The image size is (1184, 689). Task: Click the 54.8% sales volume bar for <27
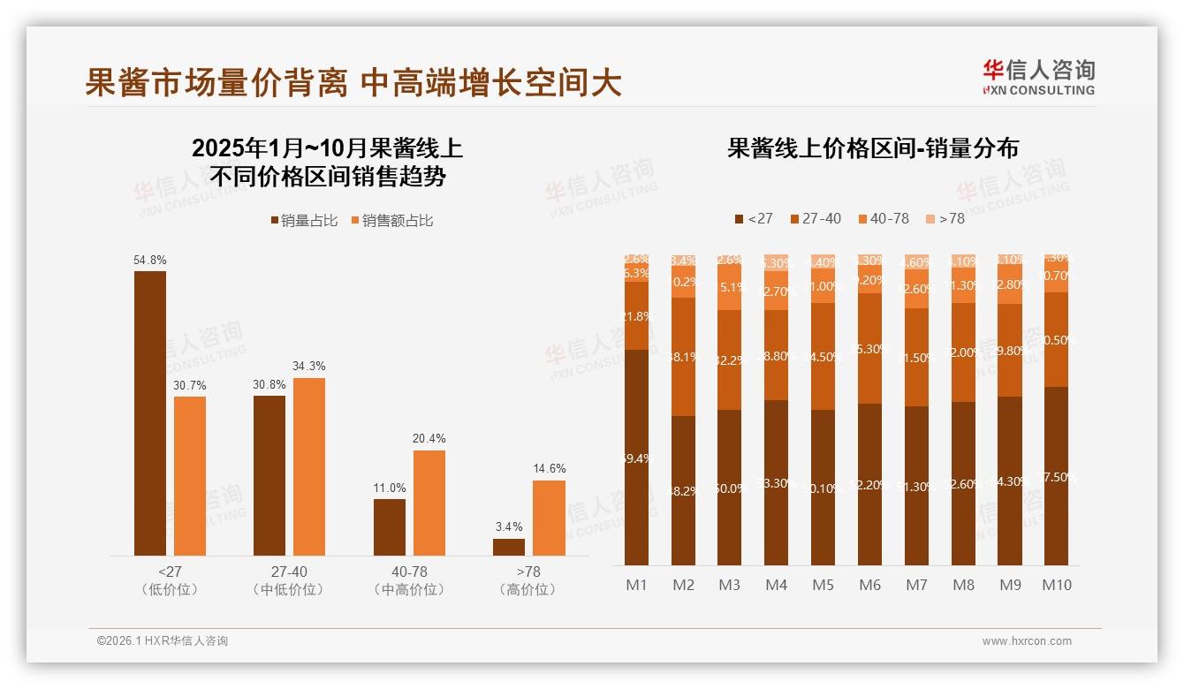click(150, 413)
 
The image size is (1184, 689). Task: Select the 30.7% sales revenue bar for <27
click(190, 476)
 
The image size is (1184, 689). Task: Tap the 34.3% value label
click(309, 366)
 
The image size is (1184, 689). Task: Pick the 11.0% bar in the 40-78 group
click(390, 527)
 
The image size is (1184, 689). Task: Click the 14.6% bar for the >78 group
click(549, 518)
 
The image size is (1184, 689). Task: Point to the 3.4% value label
click(509, 526)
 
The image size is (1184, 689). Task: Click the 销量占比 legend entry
click(304, 221)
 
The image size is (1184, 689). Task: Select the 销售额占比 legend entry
click(392, 221)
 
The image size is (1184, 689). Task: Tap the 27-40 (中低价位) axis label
click(289, 580)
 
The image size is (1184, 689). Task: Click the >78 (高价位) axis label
click(528, 580)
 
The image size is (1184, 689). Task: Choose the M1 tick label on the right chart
click(636, 585)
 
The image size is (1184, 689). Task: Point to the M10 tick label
click(1056, 585)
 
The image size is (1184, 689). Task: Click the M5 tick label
click(823, 585)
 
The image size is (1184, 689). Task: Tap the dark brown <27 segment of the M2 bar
click(683, 490)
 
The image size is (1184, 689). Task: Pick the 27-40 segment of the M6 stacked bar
click(869, 348)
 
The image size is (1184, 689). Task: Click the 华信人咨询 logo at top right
click(1039, 77)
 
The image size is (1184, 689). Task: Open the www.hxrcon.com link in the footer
click(1027, 641)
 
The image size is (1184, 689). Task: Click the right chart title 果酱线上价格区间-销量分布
click(873, 148)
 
